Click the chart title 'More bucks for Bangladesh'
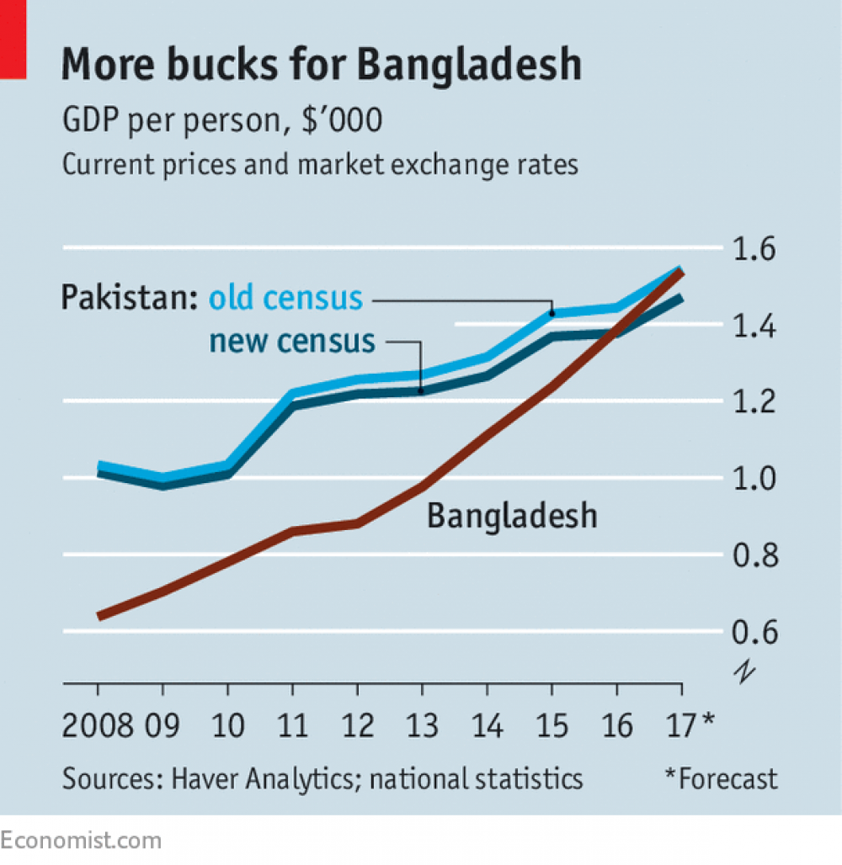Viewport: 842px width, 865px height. [321, 66]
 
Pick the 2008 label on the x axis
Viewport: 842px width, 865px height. [98, 724]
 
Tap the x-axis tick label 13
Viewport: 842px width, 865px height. [422, 724]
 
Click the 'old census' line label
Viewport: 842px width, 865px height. [285, 298]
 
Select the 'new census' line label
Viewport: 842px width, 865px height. [291, 341]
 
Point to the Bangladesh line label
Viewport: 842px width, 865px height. [512, 515]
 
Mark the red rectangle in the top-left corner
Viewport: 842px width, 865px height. [13, 40]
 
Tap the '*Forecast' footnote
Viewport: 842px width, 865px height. [721, 779]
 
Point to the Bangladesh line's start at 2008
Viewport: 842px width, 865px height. [99, 616]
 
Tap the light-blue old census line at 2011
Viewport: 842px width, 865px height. [292, 393]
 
